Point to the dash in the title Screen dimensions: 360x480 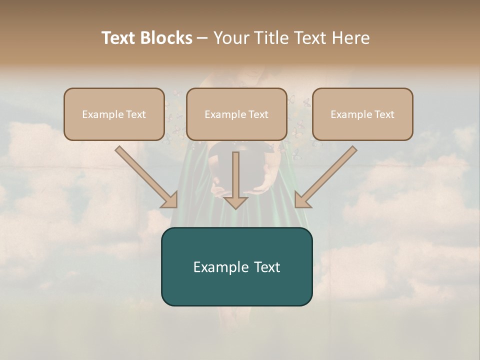[x=202, y=38]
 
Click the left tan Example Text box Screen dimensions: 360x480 [x=114, y=114]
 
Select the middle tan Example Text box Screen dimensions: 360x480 [x=236, y=114]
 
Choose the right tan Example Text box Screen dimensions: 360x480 [x=362, y=114]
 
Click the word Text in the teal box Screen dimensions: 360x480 [x=267, y=267]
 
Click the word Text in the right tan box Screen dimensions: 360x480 [x=384, y=114]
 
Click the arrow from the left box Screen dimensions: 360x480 [x=145, y=176]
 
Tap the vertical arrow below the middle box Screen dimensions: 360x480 [x=235, y=180]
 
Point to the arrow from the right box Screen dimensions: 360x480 [x=326, y=176]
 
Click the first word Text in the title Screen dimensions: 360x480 [x=120, y=38]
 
